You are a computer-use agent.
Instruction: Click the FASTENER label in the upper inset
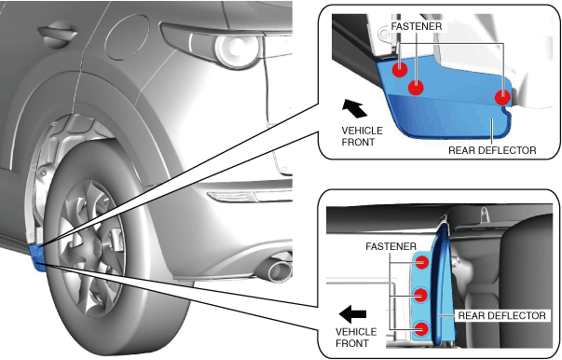click(416, 26)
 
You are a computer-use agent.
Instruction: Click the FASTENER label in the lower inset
click(391, 246)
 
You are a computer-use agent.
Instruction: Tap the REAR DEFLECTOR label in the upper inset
click(492, 150)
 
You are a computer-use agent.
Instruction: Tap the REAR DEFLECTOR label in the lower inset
click(501, 315)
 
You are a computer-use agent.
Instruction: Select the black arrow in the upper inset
click(354, 108)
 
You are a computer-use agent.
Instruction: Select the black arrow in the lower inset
click(352, 314)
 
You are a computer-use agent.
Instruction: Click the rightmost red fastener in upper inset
click(502, 97)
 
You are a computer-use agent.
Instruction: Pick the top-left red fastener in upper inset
click(400, 69)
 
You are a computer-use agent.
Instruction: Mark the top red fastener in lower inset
click(421, 262)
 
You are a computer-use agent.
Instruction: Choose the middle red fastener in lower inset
click(420, 296)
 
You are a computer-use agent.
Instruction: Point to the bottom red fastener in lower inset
click(421, 329)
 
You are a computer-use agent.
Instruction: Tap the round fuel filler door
click(127, 37)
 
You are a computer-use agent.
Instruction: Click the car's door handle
click(58, 34)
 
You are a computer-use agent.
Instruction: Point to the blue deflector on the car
click(37, 256)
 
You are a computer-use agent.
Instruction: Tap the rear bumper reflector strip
click(250, 197)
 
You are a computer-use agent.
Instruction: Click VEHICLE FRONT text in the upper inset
click(362, 136)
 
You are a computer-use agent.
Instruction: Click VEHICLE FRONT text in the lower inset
click(356, 338)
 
